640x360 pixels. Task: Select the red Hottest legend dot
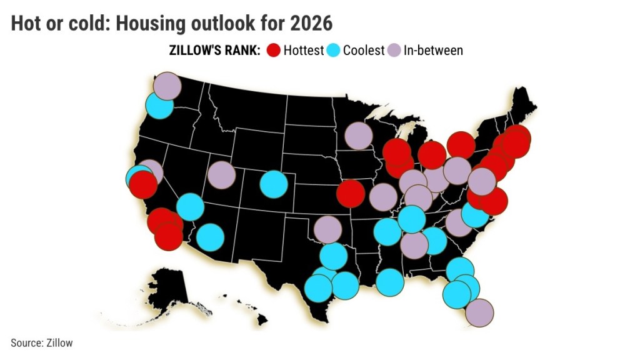click(273, 50)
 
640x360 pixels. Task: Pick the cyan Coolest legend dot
click(333, 50)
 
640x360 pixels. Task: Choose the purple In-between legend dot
click(394, 50)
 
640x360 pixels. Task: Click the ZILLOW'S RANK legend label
click(214, 51)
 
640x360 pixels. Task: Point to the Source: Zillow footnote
click(41, 342)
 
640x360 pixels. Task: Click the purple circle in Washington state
click(167, 86)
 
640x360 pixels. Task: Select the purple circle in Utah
click(221, 175)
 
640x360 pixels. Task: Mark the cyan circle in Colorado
click(273, 184)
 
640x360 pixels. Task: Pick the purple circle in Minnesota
click(359, 136)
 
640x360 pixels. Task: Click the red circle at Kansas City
click(350, 194)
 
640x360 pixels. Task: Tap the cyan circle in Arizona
click(210, 237)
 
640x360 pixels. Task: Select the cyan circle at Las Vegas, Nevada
click(190, 207)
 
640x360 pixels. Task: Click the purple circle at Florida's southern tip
click(479, 312)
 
